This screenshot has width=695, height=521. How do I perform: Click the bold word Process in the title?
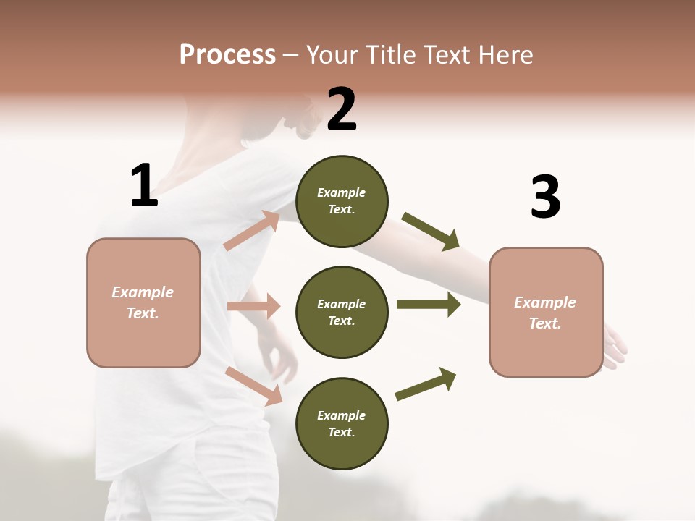click(x=227, y=55)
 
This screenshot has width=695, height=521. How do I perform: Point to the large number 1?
click(x=144, y=186)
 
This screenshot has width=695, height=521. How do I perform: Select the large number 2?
click(x=342, y=109)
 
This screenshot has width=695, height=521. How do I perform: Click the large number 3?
click(x=545, y=197)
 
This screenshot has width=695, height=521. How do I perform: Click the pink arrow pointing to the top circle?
click(x=252, y=230)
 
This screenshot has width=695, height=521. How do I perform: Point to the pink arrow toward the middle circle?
click(x=253, y=306)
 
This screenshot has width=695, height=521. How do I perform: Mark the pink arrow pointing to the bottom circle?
click(x=254, y=386)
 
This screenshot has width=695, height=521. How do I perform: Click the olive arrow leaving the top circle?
click(x=431, y=232)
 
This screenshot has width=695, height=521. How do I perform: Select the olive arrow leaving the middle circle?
click(x=428, y=305)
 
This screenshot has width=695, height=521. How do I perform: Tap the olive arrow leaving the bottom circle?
click(x=426, y=384)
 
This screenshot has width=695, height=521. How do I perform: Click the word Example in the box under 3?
click(x=545, y=302)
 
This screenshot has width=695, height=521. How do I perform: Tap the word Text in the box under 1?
click(x=141, y=313)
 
